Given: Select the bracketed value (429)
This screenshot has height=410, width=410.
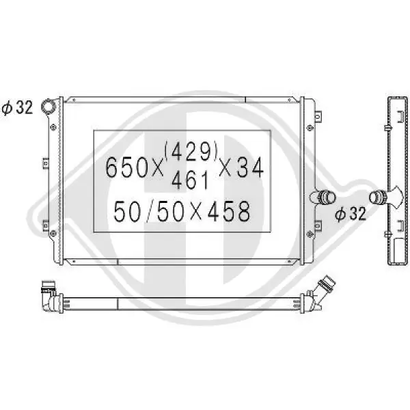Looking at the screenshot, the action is click(x=191, y=151).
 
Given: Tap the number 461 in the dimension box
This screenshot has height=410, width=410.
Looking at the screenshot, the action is click(x=191, y=180).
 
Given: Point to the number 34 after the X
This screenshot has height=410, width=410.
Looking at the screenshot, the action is click(x=249, y=167).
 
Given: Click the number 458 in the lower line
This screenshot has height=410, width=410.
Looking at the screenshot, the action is click(x=229, y=211).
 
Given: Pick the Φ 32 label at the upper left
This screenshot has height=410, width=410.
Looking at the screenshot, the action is click(x=18, y=107).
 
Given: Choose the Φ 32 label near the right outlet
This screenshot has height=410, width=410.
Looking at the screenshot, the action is click(x=351, y=214).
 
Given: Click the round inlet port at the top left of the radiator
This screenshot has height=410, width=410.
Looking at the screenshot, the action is click(x=49, y=106).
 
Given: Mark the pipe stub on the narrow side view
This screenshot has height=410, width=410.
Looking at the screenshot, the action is click(x=379, y=197).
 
